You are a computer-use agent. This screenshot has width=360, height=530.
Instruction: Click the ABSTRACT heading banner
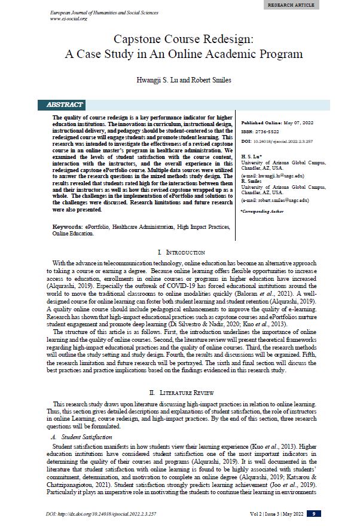tap(65, 105)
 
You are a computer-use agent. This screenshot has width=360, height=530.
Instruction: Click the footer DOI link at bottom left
tap(101, 514)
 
